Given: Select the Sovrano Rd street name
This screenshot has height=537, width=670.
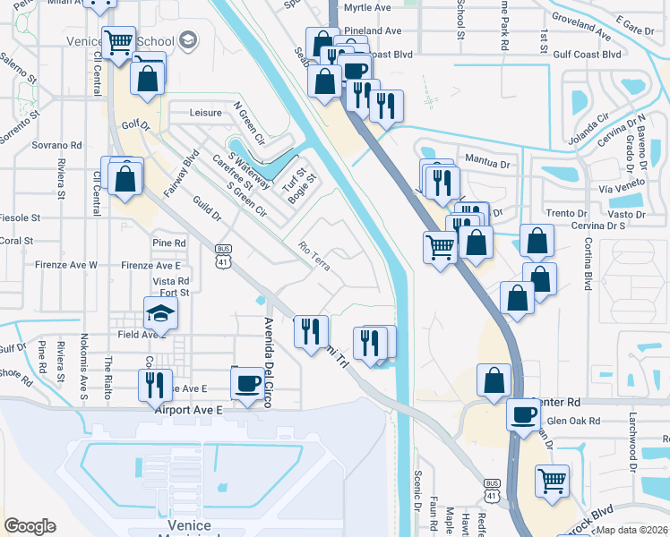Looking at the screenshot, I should pos(57,144).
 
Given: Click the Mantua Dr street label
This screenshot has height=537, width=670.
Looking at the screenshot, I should pos(487,164).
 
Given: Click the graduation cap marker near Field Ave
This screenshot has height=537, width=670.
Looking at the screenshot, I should pos(160,313).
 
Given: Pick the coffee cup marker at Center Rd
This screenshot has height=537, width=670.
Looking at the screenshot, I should pos(524,414).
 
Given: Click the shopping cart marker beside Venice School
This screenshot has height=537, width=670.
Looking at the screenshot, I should pos(118,42).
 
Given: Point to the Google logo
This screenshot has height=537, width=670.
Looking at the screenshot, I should pos(30,525).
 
